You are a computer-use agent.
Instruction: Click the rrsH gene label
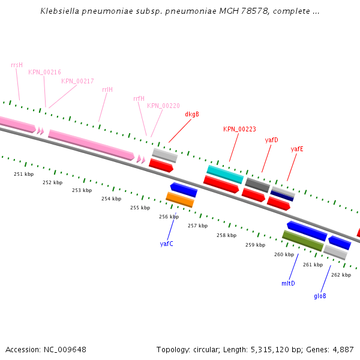[x=17, y=65]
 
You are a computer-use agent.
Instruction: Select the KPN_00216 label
[x=44, y=72]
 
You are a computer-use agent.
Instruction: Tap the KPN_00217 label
[x=77, y=81]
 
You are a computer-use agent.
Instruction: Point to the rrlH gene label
[x=107, y=89]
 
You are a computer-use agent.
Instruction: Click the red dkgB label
[x=192, y=114]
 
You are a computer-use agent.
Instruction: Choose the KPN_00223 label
[x=239, y=129]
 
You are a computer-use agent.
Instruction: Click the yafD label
[x=271, y=140]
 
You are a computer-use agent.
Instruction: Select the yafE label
[x=297, y=149]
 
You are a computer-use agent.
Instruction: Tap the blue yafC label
[x=166, y=244]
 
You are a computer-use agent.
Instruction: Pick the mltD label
[x=288, y=283]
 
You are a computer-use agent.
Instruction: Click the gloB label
[x=320, y=296]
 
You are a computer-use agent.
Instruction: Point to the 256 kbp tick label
[x=169, y=217]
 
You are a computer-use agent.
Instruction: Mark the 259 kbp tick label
[x=255, y=245]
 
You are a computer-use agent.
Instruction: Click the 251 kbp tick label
[x=23, y=174]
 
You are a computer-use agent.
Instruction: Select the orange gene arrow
[x=180, y=199]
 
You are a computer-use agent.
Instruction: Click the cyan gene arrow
[x=225, y=174]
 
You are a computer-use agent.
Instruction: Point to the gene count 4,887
[x=341, y=349]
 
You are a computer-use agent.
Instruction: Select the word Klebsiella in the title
[x=59, y=11]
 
